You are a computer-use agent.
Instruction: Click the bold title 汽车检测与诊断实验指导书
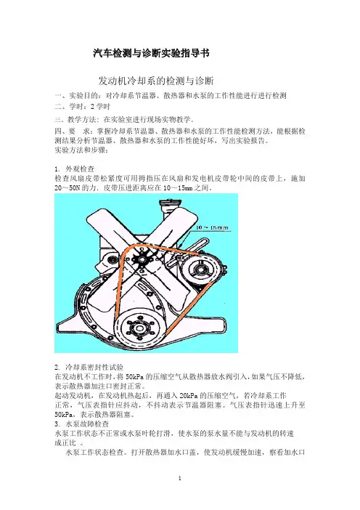point(151,53)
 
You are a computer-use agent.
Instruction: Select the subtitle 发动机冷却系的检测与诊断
point(156,81)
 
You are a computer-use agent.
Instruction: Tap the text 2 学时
point(101,106)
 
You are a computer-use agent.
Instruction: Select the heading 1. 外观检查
point(75,169)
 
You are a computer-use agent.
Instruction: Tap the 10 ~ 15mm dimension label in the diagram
point(212,227)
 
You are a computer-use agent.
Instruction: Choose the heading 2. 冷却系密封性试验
point(89,367)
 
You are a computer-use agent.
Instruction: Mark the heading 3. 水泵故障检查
point(82,424)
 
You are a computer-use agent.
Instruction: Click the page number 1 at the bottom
point(180,478)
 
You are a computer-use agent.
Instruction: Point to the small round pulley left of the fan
point(112,259)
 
